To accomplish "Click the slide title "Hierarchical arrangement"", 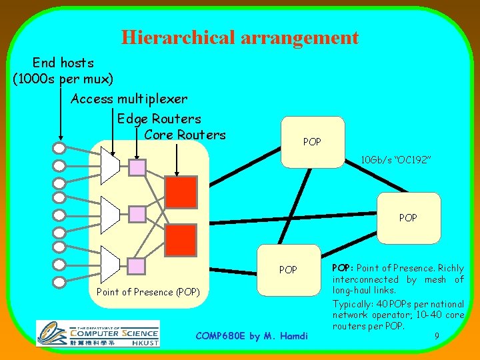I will [240, 37].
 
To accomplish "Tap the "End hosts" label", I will [63, 63].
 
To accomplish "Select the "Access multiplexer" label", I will [129, 99].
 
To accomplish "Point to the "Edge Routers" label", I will [159, 119].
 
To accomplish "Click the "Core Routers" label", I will [185, 135].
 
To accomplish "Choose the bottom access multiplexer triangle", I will [109, 261].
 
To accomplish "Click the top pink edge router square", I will [137, 167].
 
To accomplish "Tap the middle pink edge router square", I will [137, 213].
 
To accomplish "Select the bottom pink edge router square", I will [137, 267].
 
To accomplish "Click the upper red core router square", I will [181, 192].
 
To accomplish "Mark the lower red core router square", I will [181, 240].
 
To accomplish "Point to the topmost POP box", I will [312, 141].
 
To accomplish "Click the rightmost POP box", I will [408, 217].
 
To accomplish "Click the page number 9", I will [436, 337].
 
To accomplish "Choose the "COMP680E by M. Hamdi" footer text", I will [252, 335].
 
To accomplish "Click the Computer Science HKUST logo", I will [98, 332].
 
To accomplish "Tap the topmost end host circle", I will [59, 148].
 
